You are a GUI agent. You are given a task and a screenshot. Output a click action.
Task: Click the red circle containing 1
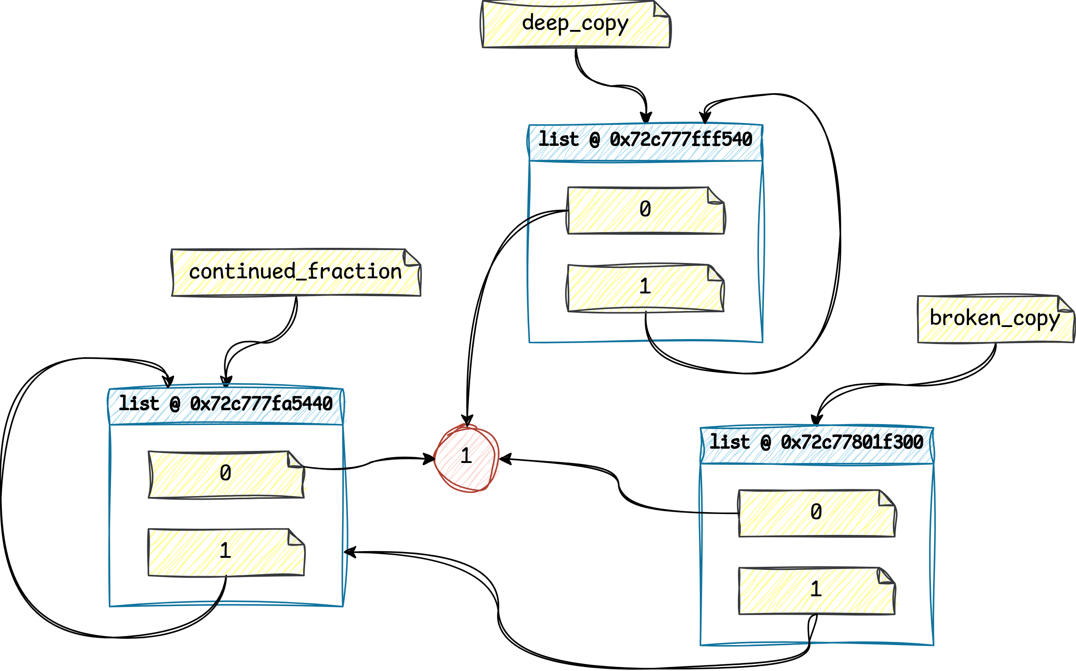(x=467, y=457)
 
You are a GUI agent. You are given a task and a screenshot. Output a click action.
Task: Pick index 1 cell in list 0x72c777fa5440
(x=226, y=552)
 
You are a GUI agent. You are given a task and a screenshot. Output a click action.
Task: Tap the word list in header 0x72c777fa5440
(x=139, y=404)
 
